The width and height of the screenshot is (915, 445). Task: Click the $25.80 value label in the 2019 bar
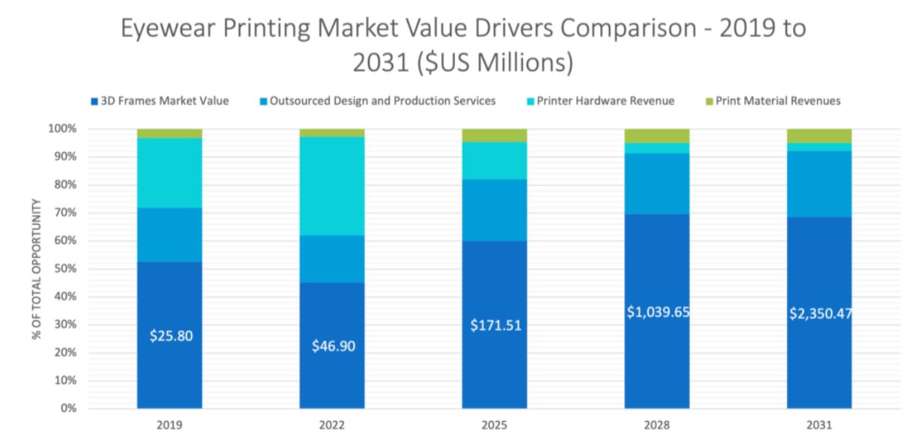(170, 336)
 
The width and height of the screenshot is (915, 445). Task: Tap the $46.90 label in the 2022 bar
(332, 347)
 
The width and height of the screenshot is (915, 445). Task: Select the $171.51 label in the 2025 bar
(495, 326)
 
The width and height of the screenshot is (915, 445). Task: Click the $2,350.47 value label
(820, 314)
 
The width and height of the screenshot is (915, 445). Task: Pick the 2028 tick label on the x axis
(657, 425)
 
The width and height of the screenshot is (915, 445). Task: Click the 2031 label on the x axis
(819, 425)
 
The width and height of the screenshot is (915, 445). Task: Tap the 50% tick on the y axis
(66, 269)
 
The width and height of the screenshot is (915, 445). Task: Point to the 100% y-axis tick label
(64, 129)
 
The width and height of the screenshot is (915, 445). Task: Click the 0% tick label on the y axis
(69, 409)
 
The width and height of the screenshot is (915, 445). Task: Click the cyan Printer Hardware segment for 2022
(332, 186)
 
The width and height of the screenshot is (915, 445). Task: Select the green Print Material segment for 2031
(819, 136)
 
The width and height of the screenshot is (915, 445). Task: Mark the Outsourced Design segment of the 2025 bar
(495, 210)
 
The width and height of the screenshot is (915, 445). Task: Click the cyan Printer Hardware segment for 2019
(170, 172)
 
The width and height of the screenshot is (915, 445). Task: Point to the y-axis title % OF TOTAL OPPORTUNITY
(36, 269)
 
